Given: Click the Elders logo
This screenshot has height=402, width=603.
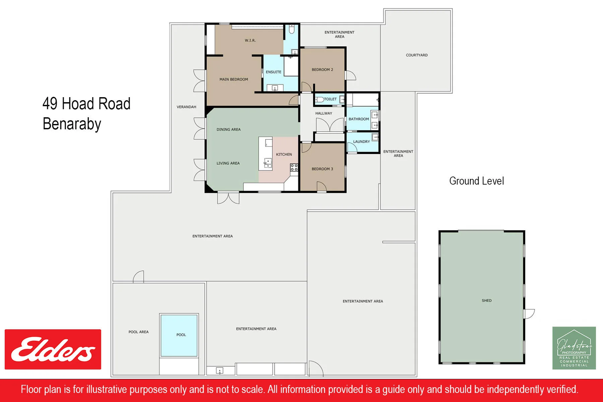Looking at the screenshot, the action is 53,349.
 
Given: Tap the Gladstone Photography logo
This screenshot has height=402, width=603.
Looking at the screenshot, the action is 574,348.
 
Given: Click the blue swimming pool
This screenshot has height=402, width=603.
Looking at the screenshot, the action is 179,335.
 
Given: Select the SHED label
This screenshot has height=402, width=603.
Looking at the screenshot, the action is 487,300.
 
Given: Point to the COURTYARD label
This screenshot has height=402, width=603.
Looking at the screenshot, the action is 417,55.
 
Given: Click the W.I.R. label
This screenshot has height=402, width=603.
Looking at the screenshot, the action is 250,41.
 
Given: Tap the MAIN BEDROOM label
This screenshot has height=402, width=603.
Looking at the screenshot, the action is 234,79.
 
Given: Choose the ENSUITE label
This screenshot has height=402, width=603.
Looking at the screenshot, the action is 274,72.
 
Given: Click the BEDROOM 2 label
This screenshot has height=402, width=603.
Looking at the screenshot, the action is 322,70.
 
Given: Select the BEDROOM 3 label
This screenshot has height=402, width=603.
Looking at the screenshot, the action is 322,169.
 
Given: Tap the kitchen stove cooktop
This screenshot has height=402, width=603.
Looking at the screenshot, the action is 294,167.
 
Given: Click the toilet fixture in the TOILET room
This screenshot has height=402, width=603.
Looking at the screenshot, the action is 320,99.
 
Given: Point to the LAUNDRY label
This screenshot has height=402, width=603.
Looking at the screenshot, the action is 361,142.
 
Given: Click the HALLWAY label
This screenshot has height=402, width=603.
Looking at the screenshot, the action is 324,113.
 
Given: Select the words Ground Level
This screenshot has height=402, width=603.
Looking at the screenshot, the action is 476,181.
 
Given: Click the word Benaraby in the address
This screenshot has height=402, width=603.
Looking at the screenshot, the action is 72,124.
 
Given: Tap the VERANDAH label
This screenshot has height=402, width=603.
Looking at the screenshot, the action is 187,107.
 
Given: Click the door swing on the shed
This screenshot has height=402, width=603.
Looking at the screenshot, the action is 529,314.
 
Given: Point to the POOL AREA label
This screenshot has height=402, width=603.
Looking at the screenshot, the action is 138,332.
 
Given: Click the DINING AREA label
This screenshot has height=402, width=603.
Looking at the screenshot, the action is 228,129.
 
